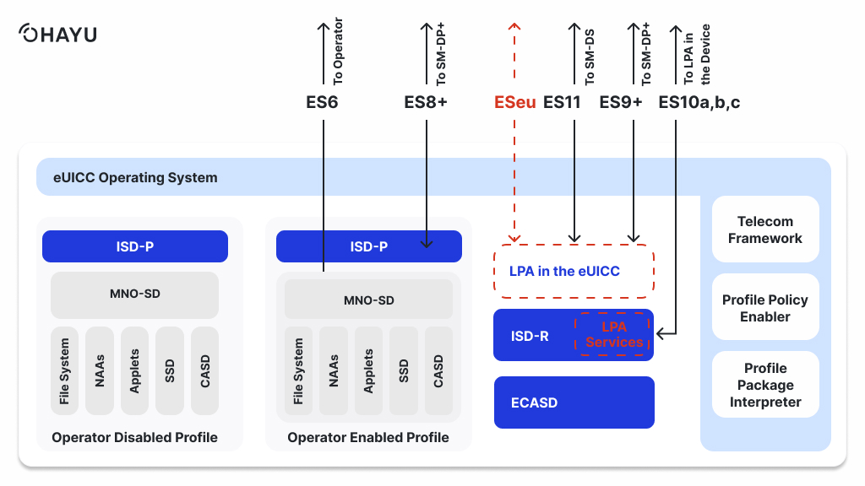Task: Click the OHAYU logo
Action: pyautogui.click(x=57, y=35)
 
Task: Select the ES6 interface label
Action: pyautogui.click(x=322, y=103)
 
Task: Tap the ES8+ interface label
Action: pyautogui.click(x=426, y=103)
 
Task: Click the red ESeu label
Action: pyautogui.click(x=514, y=103)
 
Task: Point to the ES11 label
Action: pyautogui.click(x=562, y=103)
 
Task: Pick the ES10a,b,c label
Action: pyautogui.click(x=699, y=103)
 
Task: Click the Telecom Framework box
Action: pyautogui.click(x=765, y=229)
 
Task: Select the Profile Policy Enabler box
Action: pyautogui.click(x=765, y=308)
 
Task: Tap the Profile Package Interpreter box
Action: pyautogui.click(x=765, y=385)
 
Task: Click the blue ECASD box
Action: pyautogui.click(x=574, y=402)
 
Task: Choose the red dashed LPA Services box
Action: pyautogui.click(x=613, y=334)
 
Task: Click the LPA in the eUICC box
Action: pyautogui.click(x=574, y=271)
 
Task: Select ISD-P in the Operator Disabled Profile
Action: pyautogui.click(x=135, y=246)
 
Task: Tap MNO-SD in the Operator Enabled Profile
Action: pyautogui.click(x=368, y=300)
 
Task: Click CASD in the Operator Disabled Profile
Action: pyautogui.click(x=204, y=371)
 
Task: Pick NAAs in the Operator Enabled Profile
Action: pyautogui.click(x=334, y=371)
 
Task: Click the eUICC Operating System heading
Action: pyautogui.click(x=135, y=177)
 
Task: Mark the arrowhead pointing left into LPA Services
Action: pyautogui.click(x=661, y=334)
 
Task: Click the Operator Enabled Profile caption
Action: pyautogui.click(x=368, y=437)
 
